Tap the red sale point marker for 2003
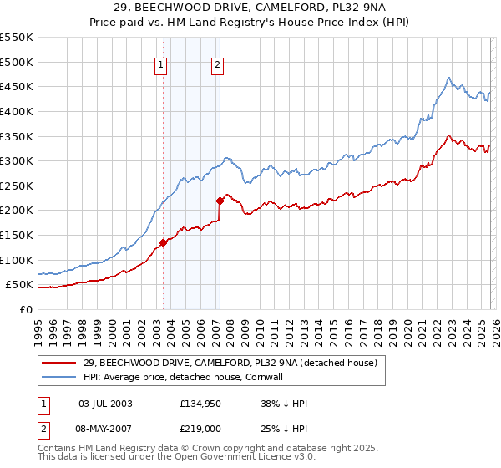(163, 243)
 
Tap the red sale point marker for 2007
(220, 201)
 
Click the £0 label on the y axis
(24, 309)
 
